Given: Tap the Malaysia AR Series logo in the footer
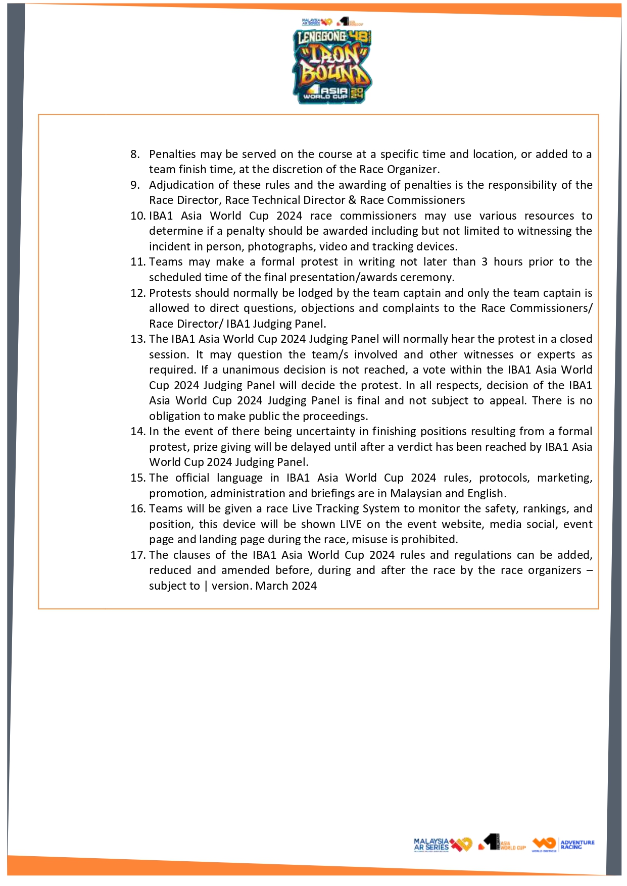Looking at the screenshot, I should point(442,844).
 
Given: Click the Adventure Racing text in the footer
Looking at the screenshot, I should point(577,844).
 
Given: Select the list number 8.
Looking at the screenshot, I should point(134,154).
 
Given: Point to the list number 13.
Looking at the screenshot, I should point(137,339).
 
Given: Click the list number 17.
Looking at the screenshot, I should point(137,555).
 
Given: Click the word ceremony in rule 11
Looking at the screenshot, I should point(426,278).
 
